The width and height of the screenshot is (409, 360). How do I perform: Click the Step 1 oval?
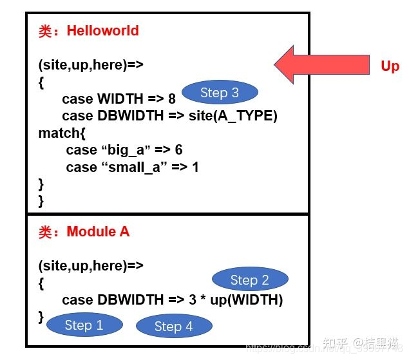(x=85, y=325)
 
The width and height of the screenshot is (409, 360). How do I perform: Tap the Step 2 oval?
(x=250, y=279)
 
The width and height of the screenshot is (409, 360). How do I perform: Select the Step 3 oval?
(x=220, y=92)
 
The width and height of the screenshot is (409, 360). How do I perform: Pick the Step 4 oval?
(x=174, y=327)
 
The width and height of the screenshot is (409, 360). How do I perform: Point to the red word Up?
(x=390, y=66)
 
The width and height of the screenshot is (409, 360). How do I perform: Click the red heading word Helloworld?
(x=103, y=30)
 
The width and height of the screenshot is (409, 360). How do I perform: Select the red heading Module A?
(x=98, y=231)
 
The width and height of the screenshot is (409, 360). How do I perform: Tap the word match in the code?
(x=59, y=133)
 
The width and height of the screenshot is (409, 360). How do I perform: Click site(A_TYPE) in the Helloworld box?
(x=239, y=116)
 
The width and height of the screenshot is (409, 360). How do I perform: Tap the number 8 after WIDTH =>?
(x=171, y=99)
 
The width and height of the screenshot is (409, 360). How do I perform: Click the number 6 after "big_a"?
(x=178, y=150)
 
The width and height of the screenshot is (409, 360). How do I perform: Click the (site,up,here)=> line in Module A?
(x=91, y=265)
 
